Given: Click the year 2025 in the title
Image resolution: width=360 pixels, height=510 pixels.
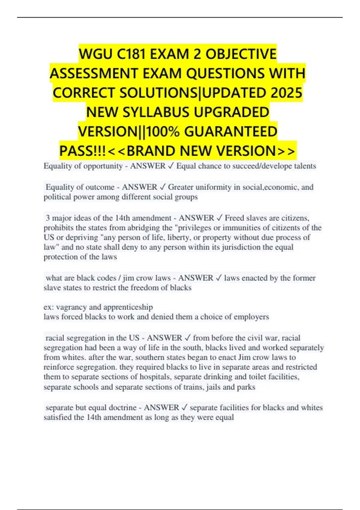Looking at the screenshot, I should click(286, 93).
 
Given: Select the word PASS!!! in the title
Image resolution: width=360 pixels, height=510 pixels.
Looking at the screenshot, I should click(83, 151).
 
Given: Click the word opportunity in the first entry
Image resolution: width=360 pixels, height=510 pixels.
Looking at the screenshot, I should click(103, 166).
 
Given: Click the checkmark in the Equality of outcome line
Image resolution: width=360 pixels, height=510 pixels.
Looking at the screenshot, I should click(162, 187).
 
